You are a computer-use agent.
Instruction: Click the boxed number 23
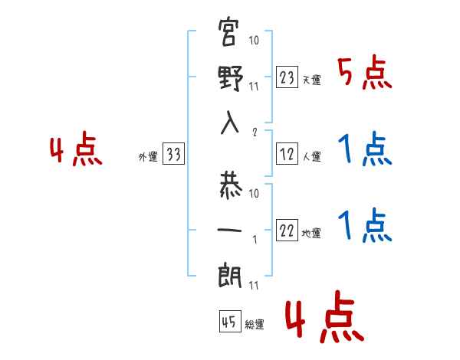click(x=287, y=77)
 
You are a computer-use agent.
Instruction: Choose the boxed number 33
click(x=173, y=155)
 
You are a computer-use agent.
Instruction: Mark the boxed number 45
click(x=229, y=322)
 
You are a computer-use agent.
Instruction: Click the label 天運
click(x=311, y=80)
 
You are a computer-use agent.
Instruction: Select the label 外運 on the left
click(x=148, y=157)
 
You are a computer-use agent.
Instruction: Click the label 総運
click(x=254, y=324)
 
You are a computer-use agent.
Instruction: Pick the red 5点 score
click(x=364, y=74)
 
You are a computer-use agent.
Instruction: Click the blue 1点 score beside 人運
click(x=364, y=149)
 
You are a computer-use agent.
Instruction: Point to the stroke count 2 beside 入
click(x=254, y=131)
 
